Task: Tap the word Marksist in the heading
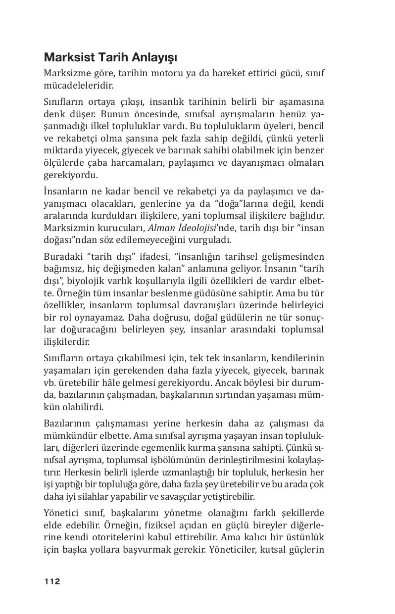[x=66, y=58]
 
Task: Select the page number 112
[x=52, y=581]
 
